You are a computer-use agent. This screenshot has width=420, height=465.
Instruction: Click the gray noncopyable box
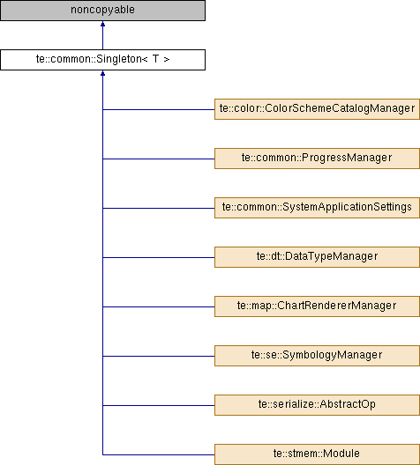click(102, 11)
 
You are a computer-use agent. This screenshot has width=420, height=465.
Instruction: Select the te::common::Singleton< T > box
click(102, 60)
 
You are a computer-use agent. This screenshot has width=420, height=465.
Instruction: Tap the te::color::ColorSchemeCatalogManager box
click(317, 109)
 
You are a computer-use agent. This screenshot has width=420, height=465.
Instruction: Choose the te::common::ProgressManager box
click(317, 159)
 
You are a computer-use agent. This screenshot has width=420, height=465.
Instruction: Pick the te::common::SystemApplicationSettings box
click(317, 208)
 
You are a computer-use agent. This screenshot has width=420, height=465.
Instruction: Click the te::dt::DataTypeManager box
click(317, 257)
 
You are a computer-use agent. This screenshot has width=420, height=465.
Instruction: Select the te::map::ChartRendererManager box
click(317, 306)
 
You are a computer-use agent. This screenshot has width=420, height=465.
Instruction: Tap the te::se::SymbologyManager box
click(317, 356)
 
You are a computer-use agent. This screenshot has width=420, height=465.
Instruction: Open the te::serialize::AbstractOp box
click(317, 405)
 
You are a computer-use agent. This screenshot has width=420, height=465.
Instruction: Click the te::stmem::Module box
click(317, 454)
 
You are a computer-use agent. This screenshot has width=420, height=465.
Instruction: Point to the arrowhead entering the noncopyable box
click(102, 24)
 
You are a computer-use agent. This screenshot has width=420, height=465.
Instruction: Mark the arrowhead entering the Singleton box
click(102, 73)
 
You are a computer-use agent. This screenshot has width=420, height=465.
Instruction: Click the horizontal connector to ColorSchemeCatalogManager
click(159, 109)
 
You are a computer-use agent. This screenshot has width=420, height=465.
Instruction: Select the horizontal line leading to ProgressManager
click(159, 159)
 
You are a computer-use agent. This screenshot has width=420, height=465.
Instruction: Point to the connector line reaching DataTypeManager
click(159, 257)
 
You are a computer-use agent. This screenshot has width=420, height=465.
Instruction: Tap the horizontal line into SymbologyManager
click(159, 356)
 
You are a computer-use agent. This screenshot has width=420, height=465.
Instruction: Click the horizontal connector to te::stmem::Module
click(159, 454)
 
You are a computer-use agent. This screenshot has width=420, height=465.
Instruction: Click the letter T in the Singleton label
click(155, 59)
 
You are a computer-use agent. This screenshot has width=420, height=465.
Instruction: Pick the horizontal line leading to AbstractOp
click(159, 405)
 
